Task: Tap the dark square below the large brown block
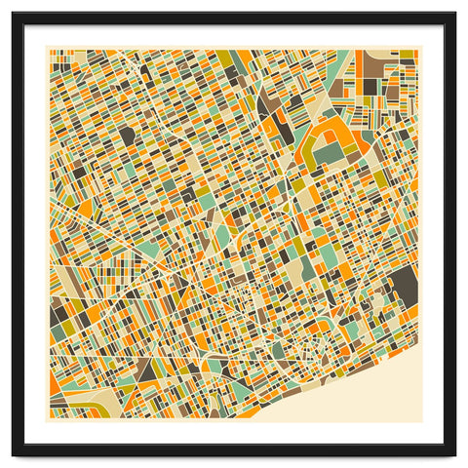pos(370,87)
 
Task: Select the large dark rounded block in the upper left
pos(128,136)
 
